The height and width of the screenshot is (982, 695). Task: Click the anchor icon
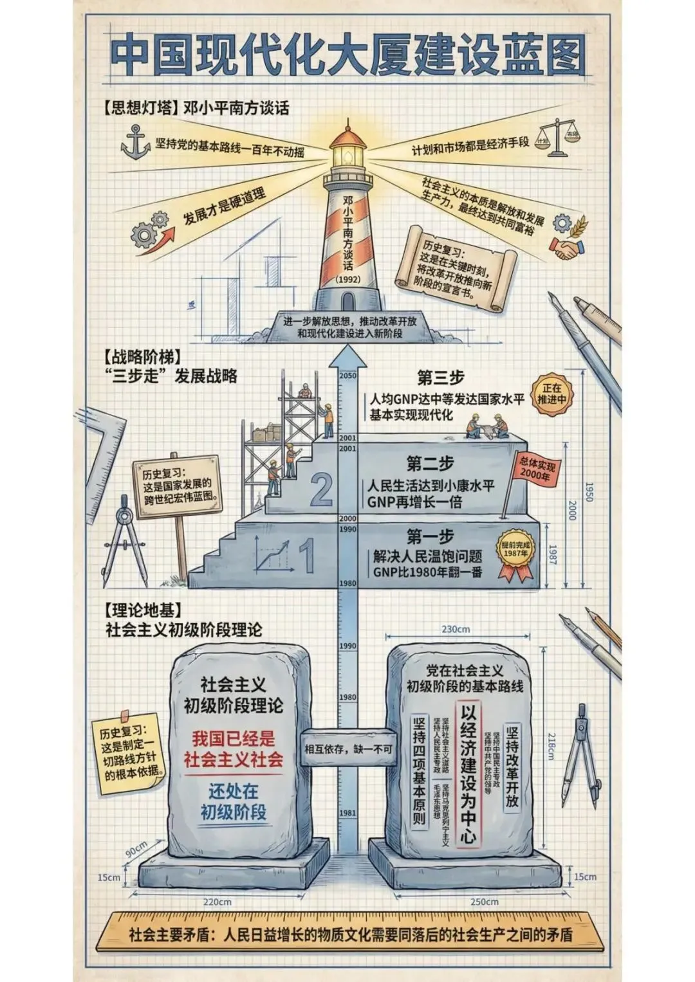coord(135,143)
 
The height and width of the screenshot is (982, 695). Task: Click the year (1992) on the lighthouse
coord(348,280)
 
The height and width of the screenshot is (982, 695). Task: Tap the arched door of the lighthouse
coord(348,301)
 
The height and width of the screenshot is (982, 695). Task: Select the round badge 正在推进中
coord(551,394)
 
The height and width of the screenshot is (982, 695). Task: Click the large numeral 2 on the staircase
coord(321,490)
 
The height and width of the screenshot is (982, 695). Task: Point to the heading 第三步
coord(440,377)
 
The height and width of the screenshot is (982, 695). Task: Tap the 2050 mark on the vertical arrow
coord(348,376)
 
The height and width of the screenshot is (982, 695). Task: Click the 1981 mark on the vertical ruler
coord(347,813)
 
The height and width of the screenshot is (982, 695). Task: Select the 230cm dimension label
coord(456,629)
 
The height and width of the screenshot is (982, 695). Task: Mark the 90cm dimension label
coord(136,849)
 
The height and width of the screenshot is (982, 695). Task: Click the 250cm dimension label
coord(484,902)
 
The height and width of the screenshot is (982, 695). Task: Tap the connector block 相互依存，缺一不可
coord(348,749)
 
